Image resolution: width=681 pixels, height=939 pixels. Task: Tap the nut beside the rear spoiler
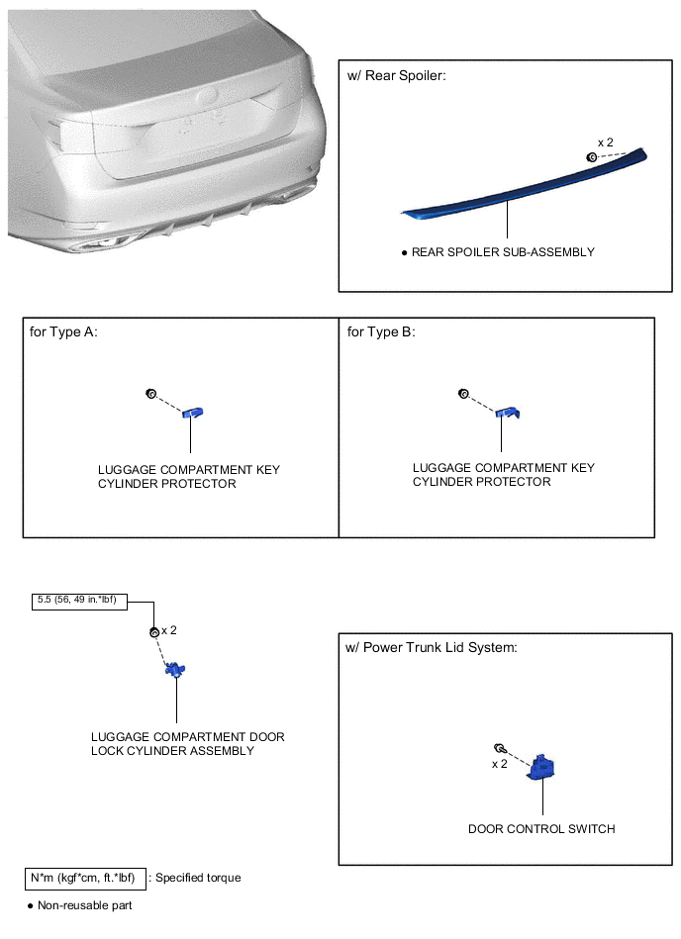591,157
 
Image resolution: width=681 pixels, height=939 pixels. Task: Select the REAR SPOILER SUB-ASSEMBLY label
503,252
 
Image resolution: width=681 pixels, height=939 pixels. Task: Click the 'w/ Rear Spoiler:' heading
397,75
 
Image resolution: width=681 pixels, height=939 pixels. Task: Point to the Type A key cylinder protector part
193,412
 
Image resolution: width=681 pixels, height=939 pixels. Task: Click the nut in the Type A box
150,394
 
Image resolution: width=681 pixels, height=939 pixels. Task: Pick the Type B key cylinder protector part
508,412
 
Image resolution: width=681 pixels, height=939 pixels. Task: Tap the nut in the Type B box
463,394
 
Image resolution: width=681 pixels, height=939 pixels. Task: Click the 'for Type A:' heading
63,331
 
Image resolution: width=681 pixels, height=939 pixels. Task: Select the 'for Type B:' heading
381,331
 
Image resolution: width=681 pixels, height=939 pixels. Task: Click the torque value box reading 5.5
79,602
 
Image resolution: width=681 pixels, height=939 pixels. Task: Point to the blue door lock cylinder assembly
175,669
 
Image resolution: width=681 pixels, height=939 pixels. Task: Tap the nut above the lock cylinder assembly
154,632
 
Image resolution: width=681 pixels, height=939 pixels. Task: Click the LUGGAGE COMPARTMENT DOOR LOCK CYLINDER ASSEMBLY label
187,744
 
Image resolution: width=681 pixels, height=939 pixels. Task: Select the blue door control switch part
540,768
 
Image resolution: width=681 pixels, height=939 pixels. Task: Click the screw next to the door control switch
501,749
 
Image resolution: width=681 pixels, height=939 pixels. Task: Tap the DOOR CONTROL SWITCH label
541,829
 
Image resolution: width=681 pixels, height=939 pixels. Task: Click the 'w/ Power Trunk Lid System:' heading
432,647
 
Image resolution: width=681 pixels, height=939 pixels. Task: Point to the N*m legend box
85,879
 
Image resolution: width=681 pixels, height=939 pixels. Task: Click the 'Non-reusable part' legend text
84,905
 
